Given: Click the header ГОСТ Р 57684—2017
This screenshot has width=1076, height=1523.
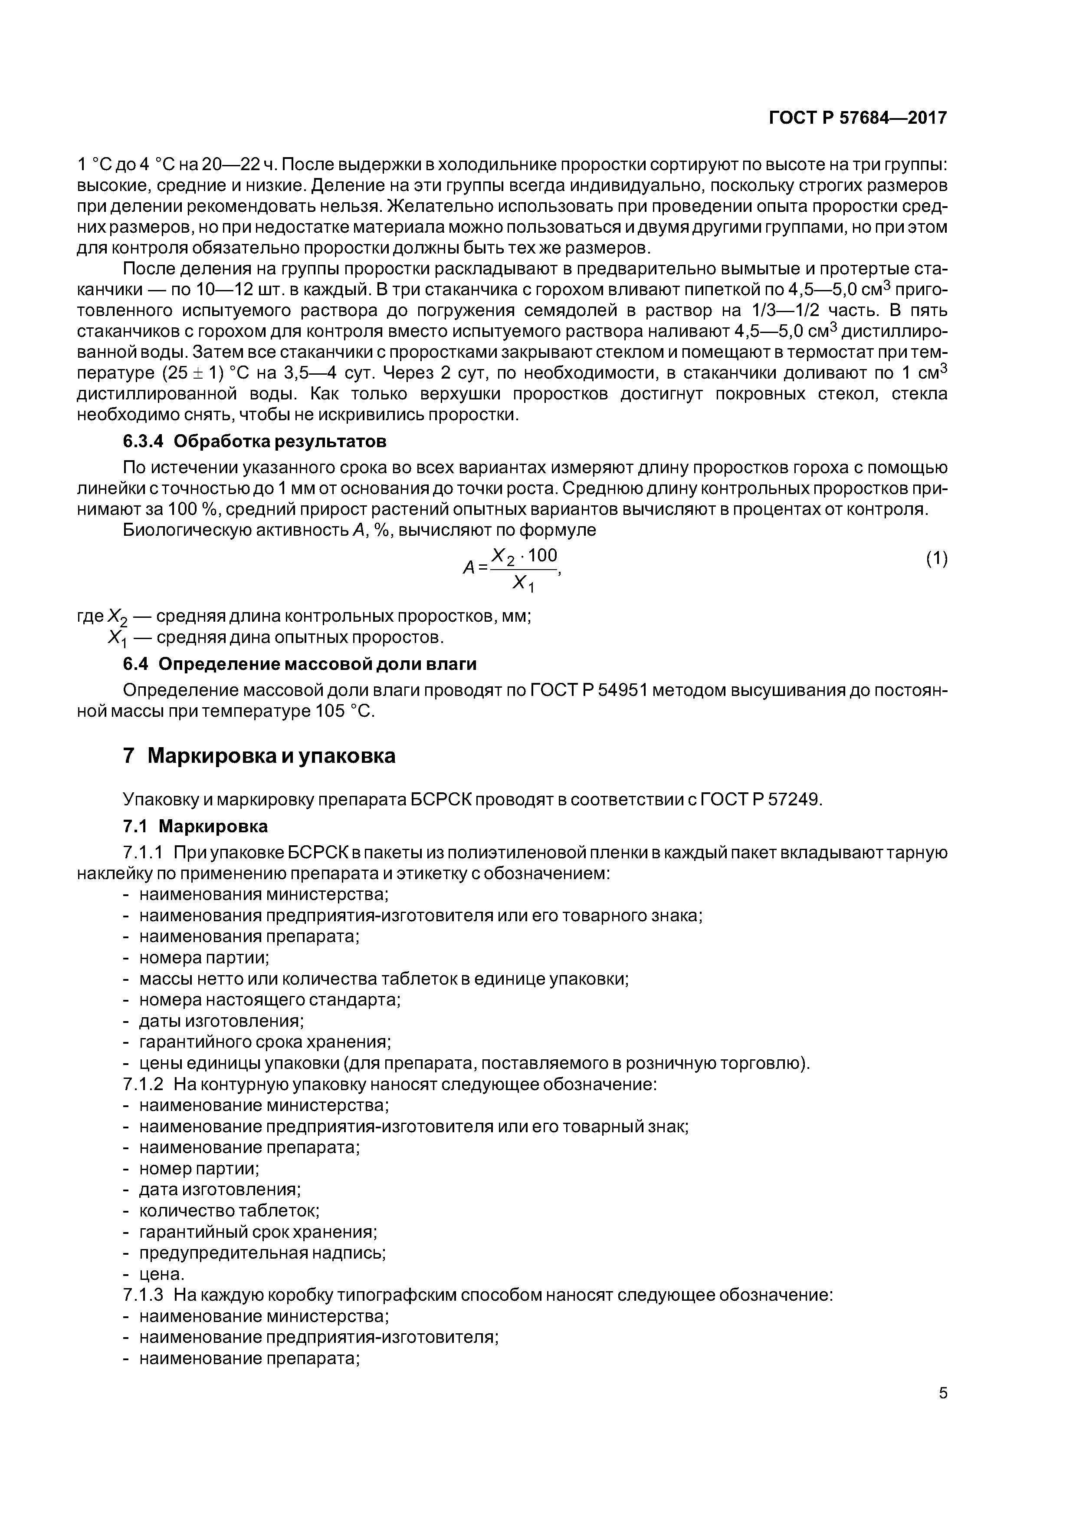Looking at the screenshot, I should point(857,118).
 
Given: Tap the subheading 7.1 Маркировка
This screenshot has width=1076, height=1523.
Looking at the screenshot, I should point(196,827).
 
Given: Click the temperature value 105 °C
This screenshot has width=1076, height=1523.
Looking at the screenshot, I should point(344,712).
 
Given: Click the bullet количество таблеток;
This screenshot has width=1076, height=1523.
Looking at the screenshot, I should point(229,1210).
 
